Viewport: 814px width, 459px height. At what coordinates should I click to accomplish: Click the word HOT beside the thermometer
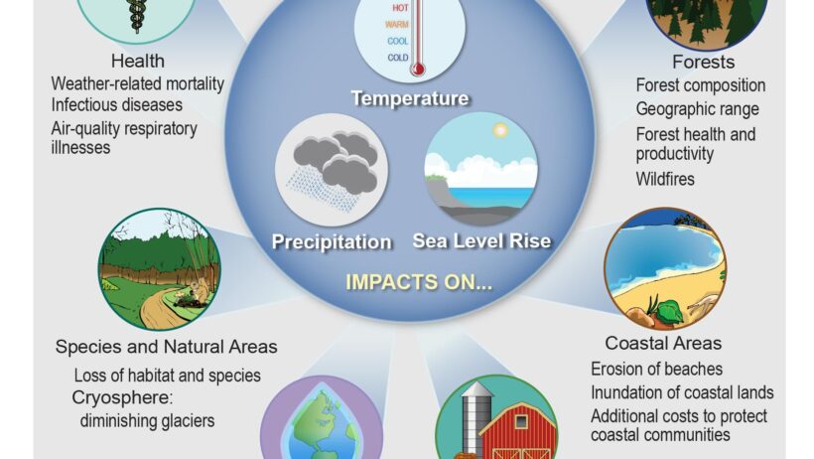(400, 8)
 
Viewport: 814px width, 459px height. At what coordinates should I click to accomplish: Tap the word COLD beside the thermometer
(398, 58)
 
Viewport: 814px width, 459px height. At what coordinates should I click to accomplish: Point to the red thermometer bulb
(417, 69)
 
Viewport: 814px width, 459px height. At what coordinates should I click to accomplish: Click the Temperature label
(410, 98)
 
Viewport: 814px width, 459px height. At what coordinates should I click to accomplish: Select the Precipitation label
(332, 241)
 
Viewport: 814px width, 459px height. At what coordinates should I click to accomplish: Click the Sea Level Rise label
(481, 240)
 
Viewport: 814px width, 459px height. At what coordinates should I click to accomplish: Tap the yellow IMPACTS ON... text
(419, 282)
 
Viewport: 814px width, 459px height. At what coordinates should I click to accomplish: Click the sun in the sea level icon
(500, 130)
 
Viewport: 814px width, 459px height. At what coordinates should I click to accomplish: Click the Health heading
(138, 61)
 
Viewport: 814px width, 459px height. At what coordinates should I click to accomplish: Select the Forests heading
(704, 62)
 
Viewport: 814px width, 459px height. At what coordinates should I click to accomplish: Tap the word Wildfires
(665, 179)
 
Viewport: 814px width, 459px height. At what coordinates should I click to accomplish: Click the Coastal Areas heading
(663, 343)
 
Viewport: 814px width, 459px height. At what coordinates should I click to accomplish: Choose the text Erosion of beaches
(657, 369)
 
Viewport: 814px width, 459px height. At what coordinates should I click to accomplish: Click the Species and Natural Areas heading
(166, 347)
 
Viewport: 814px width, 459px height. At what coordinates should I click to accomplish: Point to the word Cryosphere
(122, 397)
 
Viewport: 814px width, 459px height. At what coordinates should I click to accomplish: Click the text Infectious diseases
(117, 105)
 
